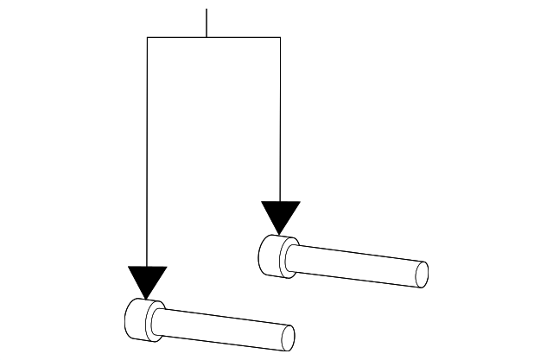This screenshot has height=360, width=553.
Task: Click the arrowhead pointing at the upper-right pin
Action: click(x=280, y=215)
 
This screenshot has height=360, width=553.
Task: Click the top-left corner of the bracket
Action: click(x=148, y=37)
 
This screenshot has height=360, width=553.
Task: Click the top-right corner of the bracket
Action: click(x=280, y=37)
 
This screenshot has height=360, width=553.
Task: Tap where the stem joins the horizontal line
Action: click(x=207, y=37)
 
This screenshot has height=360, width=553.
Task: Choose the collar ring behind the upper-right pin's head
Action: click(x=292, y=256)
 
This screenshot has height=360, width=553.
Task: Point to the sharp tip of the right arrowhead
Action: click(x=280, y=233)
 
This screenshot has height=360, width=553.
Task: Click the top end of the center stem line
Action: click(x=207, y=9)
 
